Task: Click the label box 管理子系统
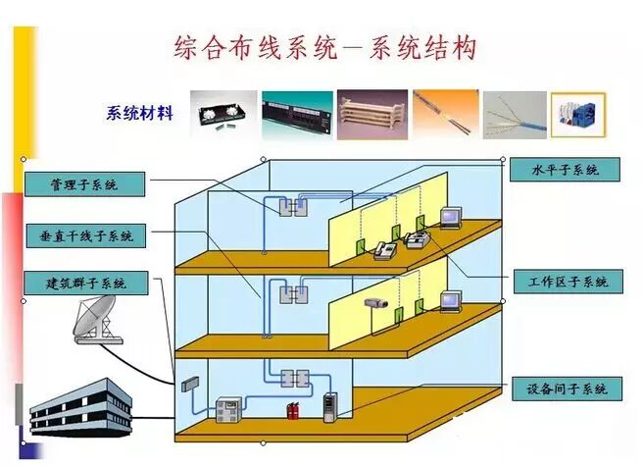click(x=84, y=184)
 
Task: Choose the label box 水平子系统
click(x=566, y=170)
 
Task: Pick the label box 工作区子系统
click(x=568, y=282)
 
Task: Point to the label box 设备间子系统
click(x=567, y=389)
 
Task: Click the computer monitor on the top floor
click(x=450, y=217)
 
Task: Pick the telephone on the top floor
click(x=382, y=253)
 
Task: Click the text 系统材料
click(x=139, y=113)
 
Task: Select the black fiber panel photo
click(x=222, y=113)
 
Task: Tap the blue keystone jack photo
click(x=577, y=115)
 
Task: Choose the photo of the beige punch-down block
click(x=371, y=114)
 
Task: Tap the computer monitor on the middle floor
click(x=450, y=301)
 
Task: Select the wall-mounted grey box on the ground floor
click(x=192, y=386)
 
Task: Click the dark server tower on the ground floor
click(x=330, y=405)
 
